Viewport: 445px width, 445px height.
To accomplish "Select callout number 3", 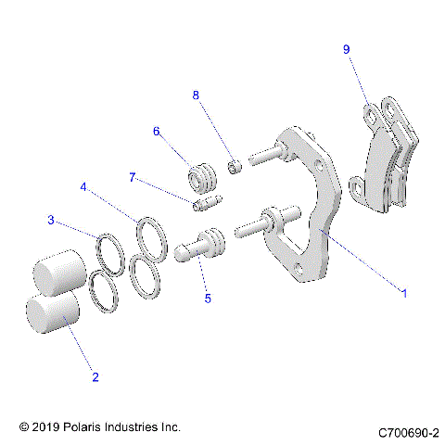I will pos(53,221).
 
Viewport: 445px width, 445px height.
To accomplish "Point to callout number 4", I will pos(84,186).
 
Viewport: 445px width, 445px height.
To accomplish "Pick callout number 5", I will pos(208,299).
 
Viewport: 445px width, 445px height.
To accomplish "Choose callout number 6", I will pos(158,132).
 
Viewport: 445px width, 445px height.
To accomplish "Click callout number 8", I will pos(196,95).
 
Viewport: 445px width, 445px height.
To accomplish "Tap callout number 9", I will pos(346,49).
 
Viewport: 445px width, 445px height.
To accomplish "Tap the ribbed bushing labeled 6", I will pos(200,174).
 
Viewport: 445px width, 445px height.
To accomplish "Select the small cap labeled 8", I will pos(236,167).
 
